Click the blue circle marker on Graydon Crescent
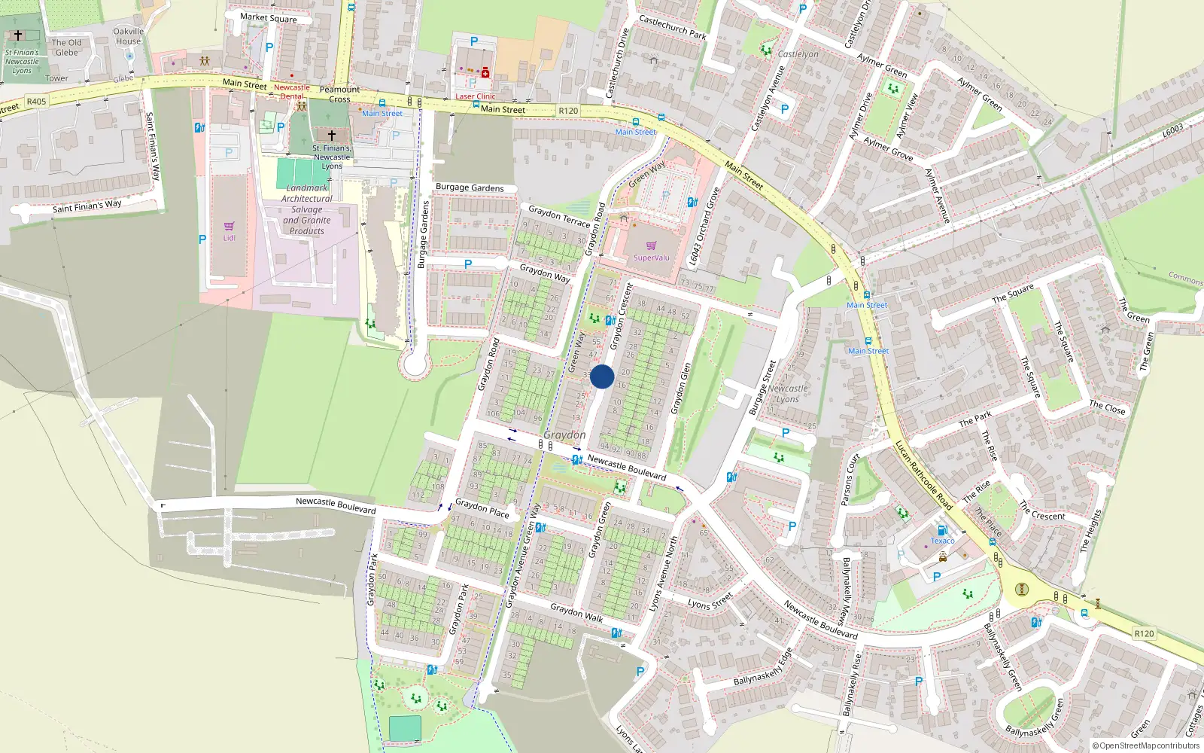[602, 376]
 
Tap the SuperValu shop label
[651, 258]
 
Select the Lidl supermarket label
[229, 238]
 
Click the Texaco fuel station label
[942, 541]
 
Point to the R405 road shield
[36, 101]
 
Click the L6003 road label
[1172, 130]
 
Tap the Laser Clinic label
[476, 96]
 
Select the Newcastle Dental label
[291, 92]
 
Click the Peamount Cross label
[339, 94]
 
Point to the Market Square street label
[268, 17]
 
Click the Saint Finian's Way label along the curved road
[87, 206]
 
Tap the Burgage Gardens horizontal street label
[470, 187]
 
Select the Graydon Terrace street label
[558, 216]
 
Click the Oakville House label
[128, 36]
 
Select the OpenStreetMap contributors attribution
[1145, 745]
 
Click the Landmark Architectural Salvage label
[307, 209]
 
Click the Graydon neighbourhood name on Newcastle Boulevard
[564, 435]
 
